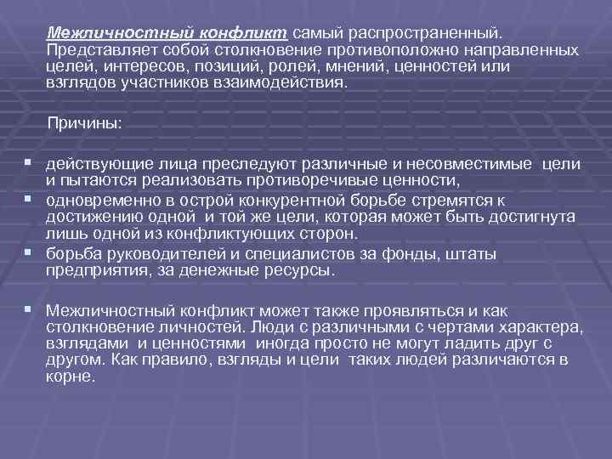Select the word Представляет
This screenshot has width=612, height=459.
pos(94,50)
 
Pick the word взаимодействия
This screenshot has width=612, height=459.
pos(286,84)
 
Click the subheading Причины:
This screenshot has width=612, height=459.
pos(85,124)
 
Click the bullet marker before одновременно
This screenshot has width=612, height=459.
pos(30,199)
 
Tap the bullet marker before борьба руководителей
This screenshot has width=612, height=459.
pos(30,252)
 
